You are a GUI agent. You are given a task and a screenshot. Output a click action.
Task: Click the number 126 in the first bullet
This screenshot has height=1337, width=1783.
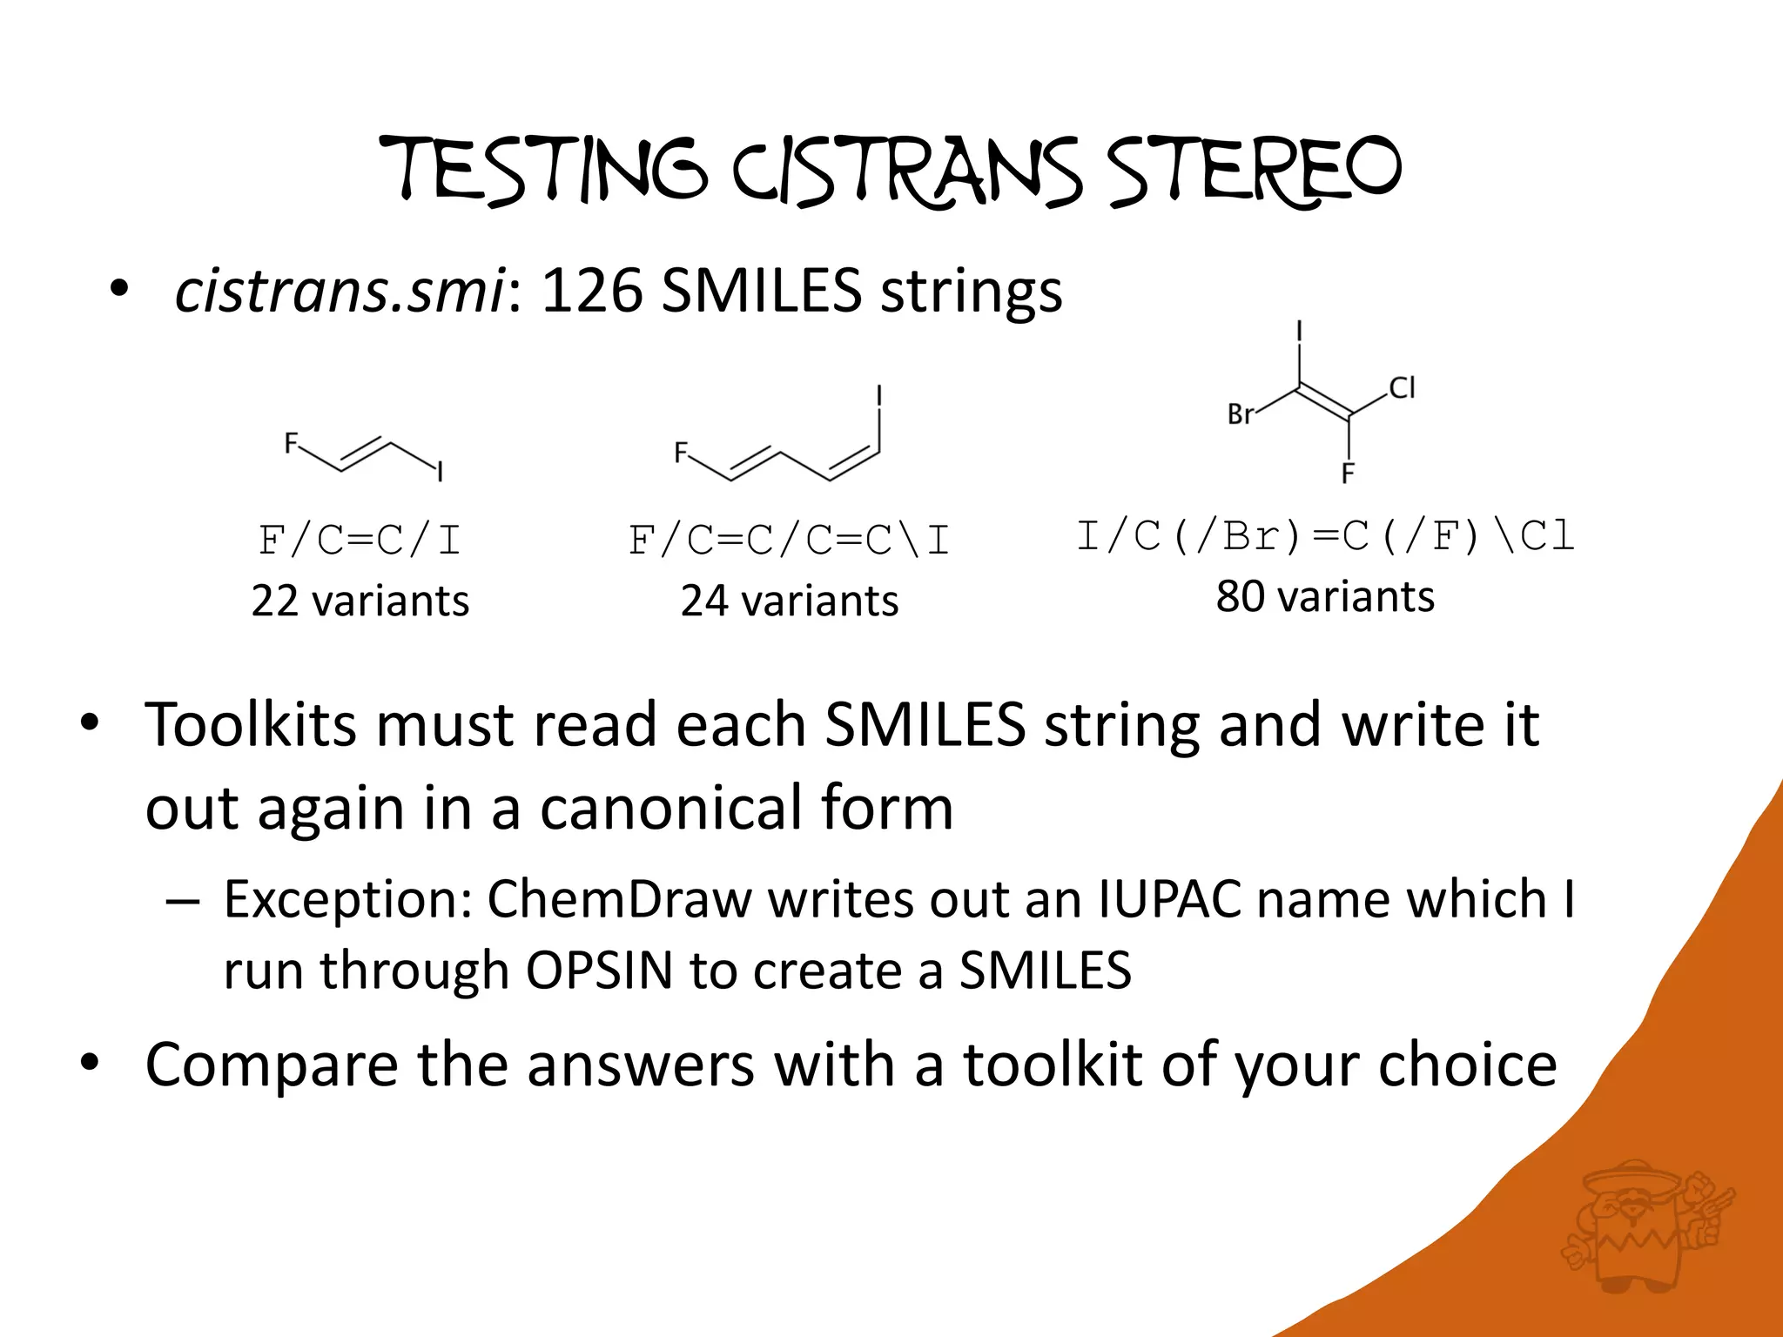[x=591, y=291]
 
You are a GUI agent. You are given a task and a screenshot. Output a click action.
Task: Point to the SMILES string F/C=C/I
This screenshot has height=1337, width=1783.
[x=359, y=541]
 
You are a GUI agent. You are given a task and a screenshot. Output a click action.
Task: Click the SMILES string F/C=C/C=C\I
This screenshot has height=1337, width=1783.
[x=789, y=541]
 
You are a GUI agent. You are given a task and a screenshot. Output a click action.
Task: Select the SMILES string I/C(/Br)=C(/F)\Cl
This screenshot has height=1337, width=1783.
[x=1325, y=536]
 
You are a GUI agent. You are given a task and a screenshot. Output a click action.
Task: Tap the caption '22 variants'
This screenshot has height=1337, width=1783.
[x=360, y=601]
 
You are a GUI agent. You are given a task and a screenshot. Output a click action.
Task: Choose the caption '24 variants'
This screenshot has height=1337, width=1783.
[x=789, y=601]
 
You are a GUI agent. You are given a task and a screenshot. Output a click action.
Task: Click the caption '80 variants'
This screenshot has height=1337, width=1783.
[x=1325, y=596]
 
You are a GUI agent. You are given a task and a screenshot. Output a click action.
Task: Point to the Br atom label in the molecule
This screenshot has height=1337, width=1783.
[x=1241, y=414]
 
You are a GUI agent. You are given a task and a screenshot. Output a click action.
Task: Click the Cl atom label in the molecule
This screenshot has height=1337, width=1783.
[x=1402, y=387]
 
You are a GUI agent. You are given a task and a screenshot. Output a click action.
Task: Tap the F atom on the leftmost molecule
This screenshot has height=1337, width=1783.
[x=292, y=444]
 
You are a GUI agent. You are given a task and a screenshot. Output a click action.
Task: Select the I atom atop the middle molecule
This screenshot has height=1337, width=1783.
[x=879, y=396]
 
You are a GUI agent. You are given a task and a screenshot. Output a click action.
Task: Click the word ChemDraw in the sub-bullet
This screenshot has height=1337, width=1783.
[x=618, y=898]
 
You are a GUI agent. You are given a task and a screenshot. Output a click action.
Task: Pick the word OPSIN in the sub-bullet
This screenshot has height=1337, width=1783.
[x=599, y=970]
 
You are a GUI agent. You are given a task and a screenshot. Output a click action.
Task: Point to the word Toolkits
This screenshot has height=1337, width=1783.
[x=251, y=724]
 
